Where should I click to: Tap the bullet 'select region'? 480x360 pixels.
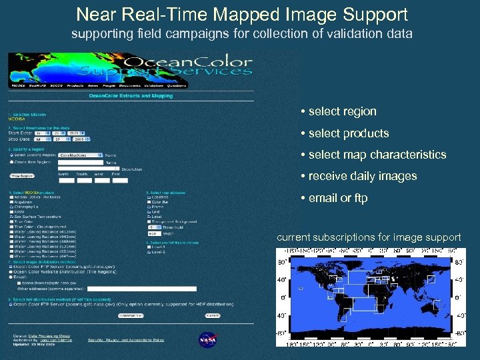point(342,111)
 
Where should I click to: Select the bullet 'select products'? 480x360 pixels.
point(348,133)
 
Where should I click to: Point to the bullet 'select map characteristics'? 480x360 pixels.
point(377,155)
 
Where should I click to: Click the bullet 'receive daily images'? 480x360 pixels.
point(362,176)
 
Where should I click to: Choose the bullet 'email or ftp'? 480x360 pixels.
point(337,198)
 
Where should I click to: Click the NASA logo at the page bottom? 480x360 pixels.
point(208,339)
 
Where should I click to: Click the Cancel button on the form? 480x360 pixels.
point(212,315)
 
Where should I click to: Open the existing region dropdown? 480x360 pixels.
point(74,154)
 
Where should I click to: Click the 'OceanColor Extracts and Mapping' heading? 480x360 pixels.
point(131,96)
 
